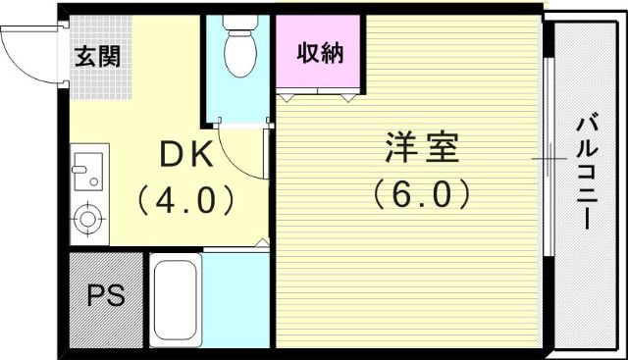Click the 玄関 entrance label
(x=97, y=56)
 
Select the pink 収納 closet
(x=320, y=55)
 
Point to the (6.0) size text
(x=422, y=193)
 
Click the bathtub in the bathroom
(x=177, y=298)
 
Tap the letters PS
(x=106, y=297)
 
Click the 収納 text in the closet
(x=320, y=52)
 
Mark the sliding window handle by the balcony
(x=547, y=157)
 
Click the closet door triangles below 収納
(x=319, y=96)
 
